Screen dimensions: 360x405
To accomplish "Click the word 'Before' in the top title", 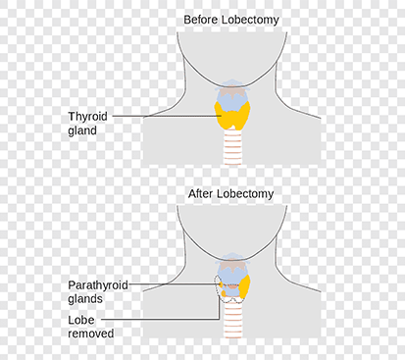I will (201, 20).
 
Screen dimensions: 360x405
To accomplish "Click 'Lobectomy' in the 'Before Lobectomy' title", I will (251, 20).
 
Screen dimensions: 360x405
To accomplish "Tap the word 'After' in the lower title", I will (201, 193).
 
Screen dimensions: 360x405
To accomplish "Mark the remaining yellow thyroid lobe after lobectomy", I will (245, 287).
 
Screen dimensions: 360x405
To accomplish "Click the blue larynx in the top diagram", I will (232, 95).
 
